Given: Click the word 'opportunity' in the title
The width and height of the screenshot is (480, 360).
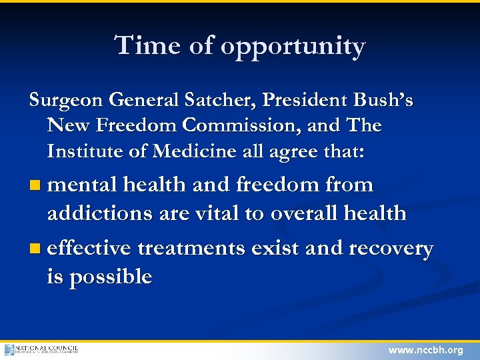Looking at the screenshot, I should click(293, 47).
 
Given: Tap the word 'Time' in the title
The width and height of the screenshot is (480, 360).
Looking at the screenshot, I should click(143, 45).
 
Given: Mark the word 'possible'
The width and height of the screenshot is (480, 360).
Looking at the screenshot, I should click(110, 277).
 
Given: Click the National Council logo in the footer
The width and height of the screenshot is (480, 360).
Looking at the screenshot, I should click(41, 350).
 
